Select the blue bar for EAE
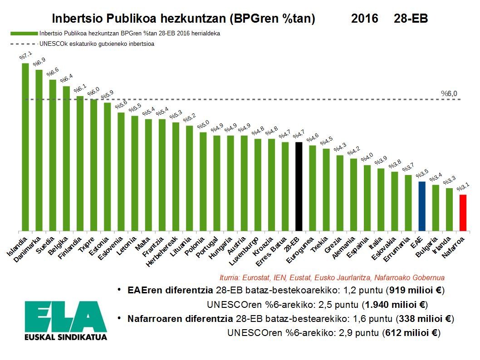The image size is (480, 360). tap(421, 206)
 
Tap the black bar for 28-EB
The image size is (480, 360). tap(299, 186)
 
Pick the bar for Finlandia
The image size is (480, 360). tap(80, 163)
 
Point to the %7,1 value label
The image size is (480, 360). tap(25, 56)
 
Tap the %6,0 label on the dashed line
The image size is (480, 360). tap(449, 93)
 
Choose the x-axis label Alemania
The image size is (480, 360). tap(344, 247)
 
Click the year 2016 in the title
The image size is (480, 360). tap(364, 19)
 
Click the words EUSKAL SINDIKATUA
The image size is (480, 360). tap(66, 337)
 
